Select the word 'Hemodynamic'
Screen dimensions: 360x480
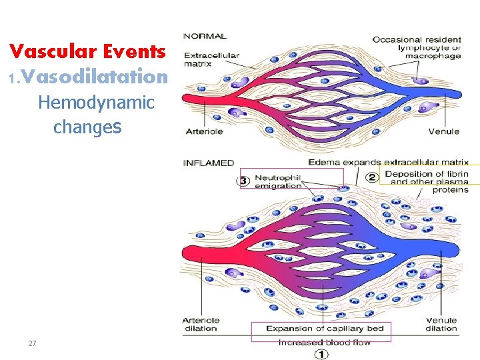pyautogui.click(x=96, y=103)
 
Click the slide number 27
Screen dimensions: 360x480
pyautogui.click(x=32, y=343)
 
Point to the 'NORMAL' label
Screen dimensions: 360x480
pyautogui.click(x=205, y=36)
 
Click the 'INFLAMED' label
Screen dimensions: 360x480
pyautogui.click(x=209, y=163)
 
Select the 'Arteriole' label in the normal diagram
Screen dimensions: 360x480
pyautogui.click(x=204, y=131)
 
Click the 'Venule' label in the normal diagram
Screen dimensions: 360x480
pyautogui.click(x=443, y=131)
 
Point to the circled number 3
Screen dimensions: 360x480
pyautogui.click(x=244, y=181)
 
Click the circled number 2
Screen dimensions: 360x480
pyautogui.click(x=372, y=177)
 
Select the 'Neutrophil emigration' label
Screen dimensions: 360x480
pyautogui.click(x=278, y=181)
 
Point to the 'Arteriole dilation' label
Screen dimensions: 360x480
pyautogui.click(x=201, y=324)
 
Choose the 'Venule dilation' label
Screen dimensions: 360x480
pyautogui.click(x=441, y=324)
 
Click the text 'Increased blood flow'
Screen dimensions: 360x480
pyautogui.click(x=324, y=342)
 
